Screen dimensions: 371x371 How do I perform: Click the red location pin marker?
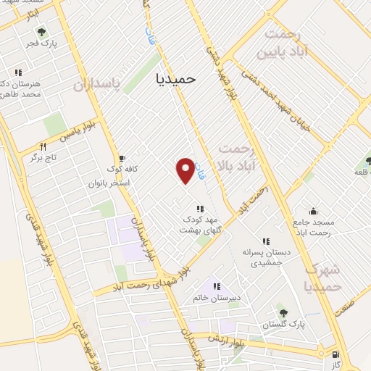tap(186, 170)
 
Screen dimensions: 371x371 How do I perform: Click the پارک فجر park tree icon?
tap(41, 31)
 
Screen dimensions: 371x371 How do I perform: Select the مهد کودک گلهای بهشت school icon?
tap(200, 209)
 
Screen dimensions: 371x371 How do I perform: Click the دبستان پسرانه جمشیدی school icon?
tap(266, 241)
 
